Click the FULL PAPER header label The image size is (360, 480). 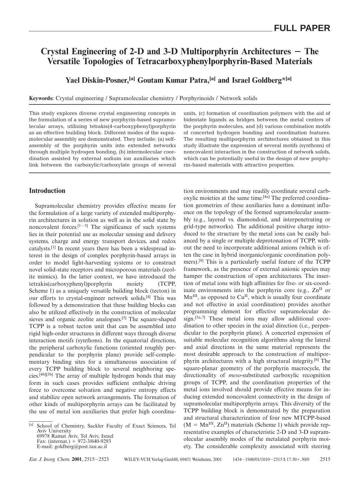(302, 28)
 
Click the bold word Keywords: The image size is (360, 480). (42, 98)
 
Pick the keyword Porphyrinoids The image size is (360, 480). (197, 98)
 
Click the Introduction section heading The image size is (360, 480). (47, 191)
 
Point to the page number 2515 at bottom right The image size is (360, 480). (325, 459)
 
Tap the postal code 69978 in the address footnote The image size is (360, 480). (44, 436)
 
